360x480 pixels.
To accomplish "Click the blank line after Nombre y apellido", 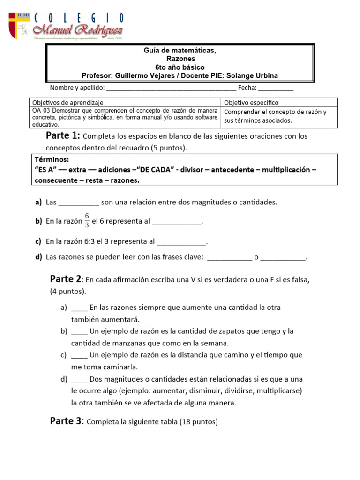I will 171,88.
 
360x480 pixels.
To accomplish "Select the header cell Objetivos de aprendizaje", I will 67,102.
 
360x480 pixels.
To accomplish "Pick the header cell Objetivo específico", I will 251,102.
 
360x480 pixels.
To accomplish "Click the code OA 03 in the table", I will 41,111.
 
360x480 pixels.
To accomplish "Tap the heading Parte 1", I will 63,136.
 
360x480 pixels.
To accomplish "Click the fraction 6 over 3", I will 87,221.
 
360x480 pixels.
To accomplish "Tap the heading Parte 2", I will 66,279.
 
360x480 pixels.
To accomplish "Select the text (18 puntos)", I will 199,422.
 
